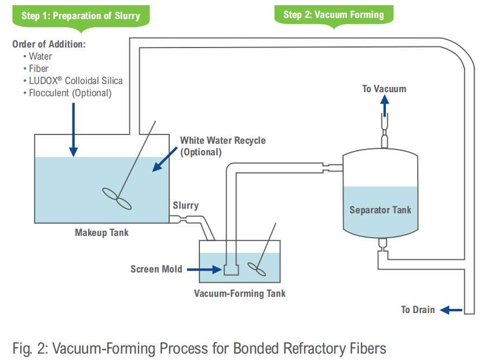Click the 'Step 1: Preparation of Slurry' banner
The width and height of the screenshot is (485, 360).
tap(81, 15)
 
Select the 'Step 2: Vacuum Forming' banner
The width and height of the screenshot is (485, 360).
tap(333, 14)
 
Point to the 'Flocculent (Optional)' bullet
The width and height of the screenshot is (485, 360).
tap(70, 93)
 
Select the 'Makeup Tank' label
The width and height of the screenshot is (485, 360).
tap(101, 233)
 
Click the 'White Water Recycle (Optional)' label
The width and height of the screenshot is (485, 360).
tap(223, 146)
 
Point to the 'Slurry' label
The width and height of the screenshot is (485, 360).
tap(185, 206)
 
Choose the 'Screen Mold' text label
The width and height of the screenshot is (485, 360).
tap(156, 269)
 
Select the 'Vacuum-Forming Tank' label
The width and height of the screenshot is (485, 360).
tap(239, 293)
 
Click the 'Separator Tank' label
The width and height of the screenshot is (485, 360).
tap(380, 209)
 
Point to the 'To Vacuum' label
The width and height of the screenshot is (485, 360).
tap(384, 89)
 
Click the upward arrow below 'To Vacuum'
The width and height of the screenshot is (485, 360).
tap(384, 107)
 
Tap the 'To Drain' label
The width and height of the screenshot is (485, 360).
tap(418, 310)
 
